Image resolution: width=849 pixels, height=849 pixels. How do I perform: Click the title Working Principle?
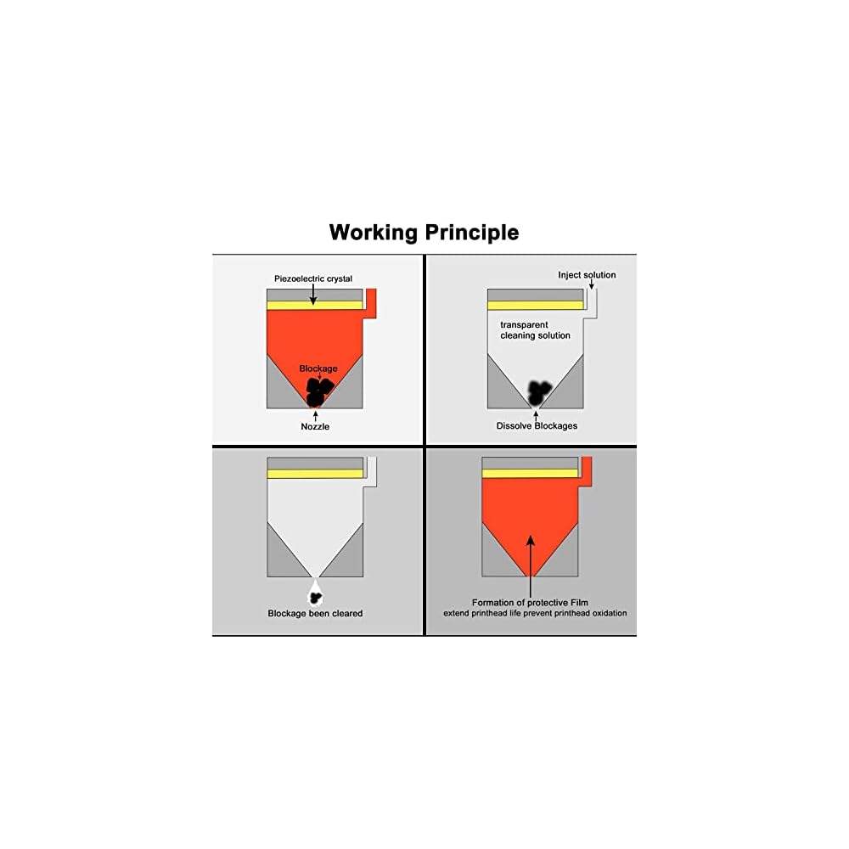[x=424, y=232]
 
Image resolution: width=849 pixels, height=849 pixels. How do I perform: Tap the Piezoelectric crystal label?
[x=312, y=278]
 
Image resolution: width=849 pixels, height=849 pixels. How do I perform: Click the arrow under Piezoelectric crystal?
[x=312, y=294]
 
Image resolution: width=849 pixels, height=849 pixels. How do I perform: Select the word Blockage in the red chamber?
[x=318, y=368]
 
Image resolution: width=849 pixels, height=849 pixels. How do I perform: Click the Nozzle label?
[x=315, y=426]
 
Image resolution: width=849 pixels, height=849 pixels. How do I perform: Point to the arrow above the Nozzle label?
[x=315, y=414]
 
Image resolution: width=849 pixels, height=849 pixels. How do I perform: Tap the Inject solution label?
[x=587, y=275]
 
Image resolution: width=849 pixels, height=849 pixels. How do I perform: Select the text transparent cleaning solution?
[x=535, y=330]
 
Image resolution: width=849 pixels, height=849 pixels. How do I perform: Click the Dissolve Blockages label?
[x=537, y=425]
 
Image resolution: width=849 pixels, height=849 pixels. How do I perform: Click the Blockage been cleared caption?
[x=315, y=613]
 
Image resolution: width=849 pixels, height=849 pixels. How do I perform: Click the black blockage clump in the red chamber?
[x=317, y=388]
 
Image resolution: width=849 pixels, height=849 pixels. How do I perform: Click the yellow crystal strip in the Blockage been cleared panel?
[x=315, y=473]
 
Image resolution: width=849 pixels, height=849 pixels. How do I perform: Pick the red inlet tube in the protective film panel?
[x=586, y=469]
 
